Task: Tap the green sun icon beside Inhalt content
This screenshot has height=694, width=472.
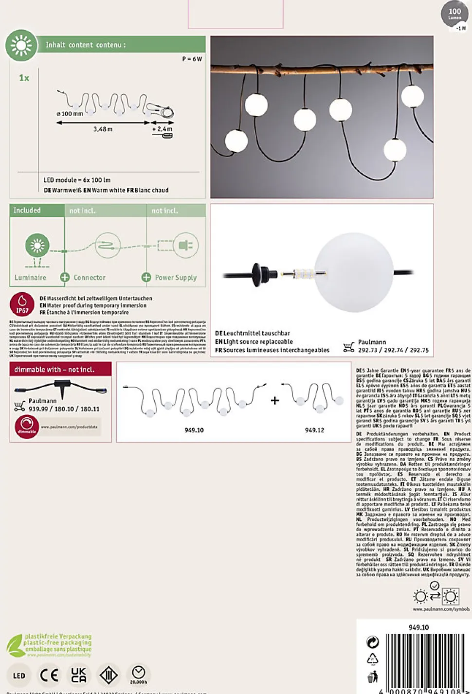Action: coord(21,46)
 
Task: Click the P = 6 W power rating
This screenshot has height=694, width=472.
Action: coord(192,59)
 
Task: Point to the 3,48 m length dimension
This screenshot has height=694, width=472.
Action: coord(103,129)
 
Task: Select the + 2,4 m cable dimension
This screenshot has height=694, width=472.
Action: coord(162,129)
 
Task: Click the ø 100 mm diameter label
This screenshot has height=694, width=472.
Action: coord(70,114)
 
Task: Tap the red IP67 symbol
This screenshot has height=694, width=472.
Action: coord(22,304)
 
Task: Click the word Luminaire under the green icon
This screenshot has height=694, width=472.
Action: coord(30,277)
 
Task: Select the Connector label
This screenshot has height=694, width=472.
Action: coord(89,277)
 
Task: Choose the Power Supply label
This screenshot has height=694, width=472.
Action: coord(175,277)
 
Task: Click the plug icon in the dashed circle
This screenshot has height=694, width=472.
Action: coord(185,245)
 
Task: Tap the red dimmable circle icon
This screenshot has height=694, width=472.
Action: coord(27,427)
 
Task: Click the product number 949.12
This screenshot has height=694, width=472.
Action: coord(314,430)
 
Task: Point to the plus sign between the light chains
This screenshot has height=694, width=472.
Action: coord(275,400)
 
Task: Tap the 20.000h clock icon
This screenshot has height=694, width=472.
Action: coord(139,674)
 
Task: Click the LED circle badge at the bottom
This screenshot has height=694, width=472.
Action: coord(19,675)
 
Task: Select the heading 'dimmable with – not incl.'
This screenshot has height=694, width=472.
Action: coord(54,370)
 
